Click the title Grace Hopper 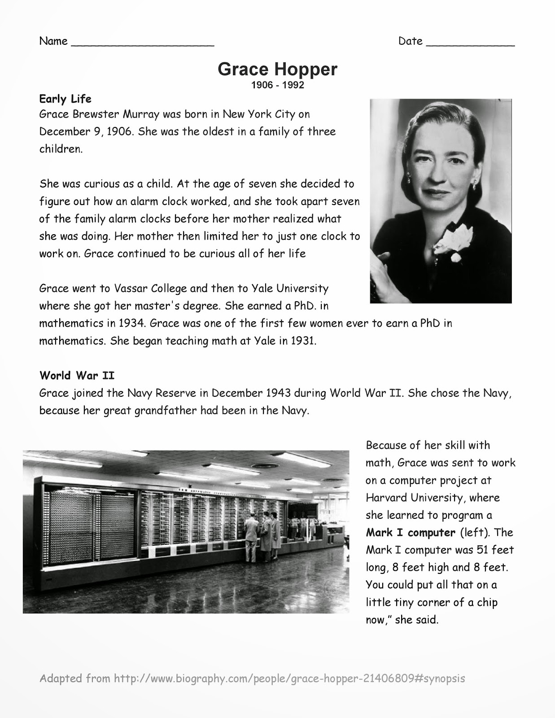277,69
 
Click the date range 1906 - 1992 277,85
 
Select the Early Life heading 66,99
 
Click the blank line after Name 143,43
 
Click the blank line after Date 470,43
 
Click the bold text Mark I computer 411,533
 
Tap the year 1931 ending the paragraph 303,341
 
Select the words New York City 259,114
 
